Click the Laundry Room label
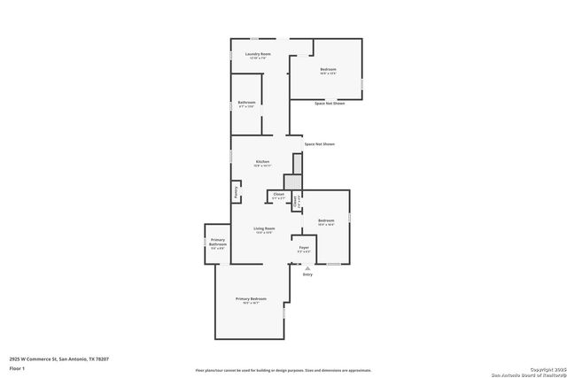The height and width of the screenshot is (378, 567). click(x=258, y=55)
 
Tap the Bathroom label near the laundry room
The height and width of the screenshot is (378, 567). click(x=246, y=103)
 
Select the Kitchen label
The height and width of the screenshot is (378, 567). click(x=262, y=162)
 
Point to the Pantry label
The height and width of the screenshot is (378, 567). click(x=236, y=191)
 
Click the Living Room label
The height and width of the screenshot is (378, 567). click(x=264, y=229)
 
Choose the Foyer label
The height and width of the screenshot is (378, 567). click(x=303, y=248)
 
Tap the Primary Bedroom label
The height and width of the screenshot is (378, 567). click(x=251, y=299)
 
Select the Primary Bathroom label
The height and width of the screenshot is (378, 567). click(x=218, y=241)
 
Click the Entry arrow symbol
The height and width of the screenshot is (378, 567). click(x=307, y=266)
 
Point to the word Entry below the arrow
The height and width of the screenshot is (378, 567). click(x=307, y=274)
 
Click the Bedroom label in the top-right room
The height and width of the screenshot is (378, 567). click(x=328, y=70)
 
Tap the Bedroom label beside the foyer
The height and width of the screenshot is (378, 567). click(x=326, y=220)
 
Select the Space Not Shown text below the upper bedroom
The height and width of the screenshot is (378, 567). click(x=330, y=104)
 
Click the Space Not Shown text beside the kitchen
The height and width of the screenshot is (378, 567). click(x=320, y=143)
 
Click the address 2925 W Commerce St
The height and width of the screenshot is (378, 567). click(x=59, y=359)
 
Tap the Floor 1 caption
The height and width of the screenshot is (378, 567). click(x=17, y=367)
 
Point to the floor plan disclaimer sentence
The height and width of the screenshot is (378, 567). click(x=283, y=370)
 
